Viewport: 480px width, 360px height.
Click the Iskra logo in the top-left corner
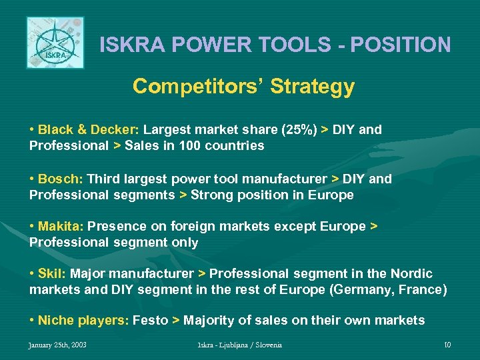point(55,43)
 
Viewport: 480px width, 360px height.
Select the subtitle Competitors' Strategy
point(243,87)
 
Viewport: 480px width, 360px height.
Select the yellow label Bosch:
point(61,179)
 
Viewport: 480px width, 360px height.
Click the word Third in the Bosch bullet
point(104,179)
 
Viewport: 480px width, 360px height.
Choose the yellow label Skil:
point(52,274)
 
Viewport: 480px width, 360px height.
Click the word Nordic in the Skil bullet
point(412,274)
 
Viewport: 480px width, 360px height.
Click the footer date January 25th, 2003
point(58,345)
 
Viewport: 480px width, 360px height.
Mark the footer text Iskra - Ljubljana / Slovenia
point(239,345)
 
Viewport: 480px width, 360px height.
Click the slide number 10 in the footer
point(447,345)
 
